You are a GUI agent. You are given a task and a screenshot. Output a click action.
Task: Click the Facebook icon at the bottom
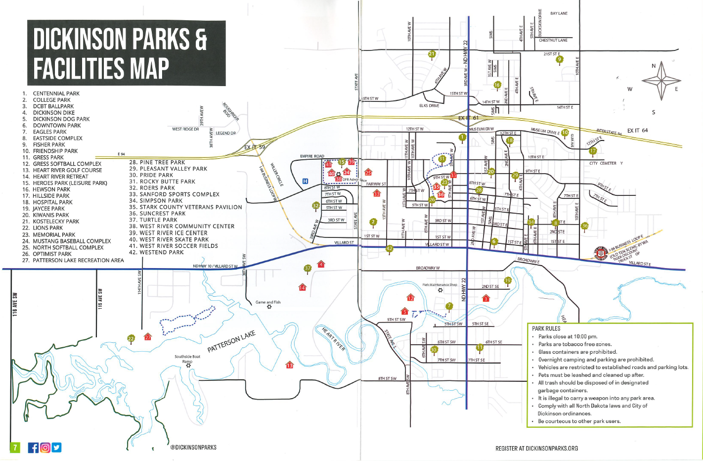(33, 448)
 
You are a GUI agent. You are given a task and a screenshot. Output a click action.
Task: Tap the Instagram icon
(45, 448)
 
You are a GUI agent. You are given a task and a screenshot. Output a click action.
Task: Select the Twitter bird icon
(57, 448)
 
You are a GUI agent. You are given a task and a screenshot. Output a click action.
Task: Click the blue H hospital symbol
(305, 181)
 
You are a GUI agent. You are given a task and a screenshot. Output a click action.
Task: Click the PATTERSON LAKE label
(231, 342)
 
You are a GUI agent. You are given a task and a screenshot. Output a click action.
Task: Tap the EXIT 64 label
(637, 131)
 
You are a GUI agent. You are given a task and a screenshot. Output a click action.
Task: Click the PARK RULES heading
(546, 328)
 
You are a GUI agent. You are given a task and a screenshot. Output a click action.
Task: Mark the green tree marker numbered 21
(432, 54)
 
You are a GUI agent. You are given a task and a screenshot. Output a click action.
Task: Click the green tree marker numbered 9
(560, 60)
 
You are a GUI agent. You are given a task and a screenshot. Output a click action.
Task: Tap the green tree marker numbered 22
(131, 339)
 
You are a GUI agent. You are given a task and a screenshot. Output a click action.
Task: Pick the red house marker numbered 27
(148, 337)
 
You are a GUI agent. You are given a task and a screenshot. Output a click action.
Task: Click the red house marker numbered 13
(290, 365)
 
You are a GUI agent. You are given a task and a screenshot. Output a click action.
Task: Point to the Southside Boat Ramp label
(187, 359)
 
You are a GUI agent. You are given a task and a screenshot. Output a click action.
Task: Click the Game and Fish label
(268, 302)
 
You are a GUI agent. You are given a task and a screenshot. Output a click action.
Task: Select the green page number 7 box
(15, 448)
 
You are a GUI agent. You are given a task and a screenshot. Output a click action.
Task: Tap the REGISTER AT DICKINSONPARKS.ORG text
(536, 448)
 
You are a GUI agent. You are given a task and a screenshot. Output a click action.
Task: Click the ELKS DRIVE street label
(429, 106)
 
